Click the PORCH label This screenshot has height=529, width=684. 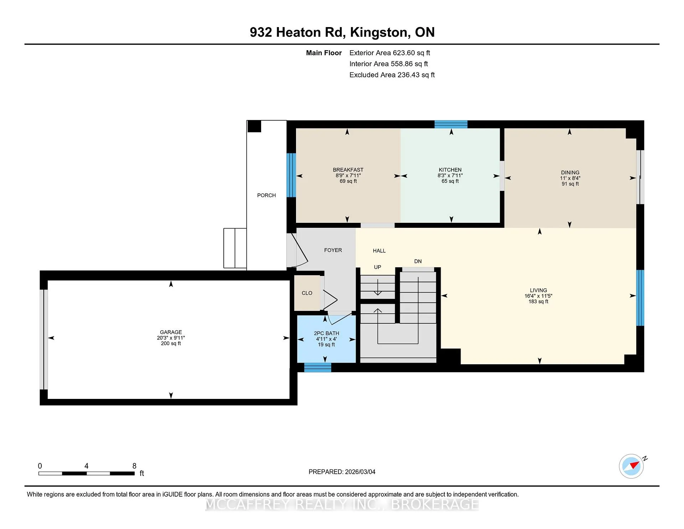[266, 195]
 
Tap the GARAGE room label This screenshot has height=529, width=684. [171, 332]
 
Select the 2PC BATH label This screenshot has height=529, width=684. [326, 333]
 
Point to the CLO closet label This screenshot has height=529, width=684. [307, 293]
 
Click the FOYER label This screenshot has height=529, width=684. [333, 250]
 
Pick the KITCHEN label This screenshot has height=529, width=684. [450, 170]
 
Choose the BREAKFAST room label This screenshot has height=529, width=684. [348, 170]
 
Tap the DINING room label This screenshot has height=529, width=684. [570, 173]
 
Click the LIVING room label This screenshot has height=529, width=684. [538, 291]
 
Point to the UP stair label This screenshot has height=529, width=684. [378, 267]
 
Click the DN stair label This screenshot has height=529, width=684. [418, 261]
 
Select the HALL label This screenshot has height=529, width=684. [379, 251]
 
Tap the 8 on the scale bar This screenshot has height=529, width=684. [134, 466]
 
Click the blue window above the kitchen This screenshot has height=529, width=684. [451, 124]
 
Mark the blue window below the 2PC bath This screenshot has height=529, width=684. [317, 368]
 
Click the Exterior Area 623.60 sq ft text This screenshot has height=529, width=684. [390, 53]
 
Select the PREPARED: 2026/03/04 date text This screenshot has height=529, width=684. [342, 472]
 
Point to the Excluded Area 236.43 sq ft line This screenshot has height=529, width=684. [392, 75]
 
